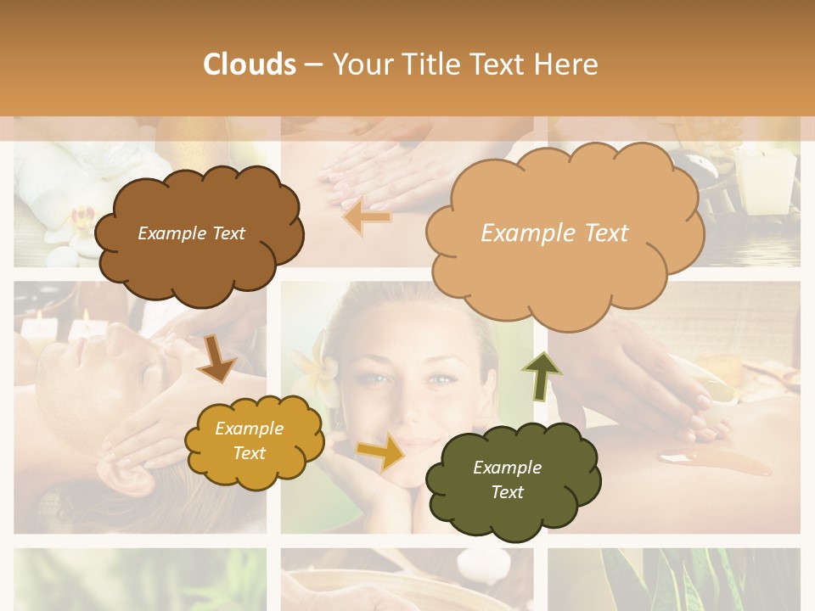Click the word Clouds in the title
[250, 64]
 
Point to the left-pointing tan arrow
[367, 217]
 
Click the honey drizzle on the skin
[713, 463]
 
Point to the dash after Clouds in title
[312, 65]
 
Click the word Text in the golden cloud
[250, 453]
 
